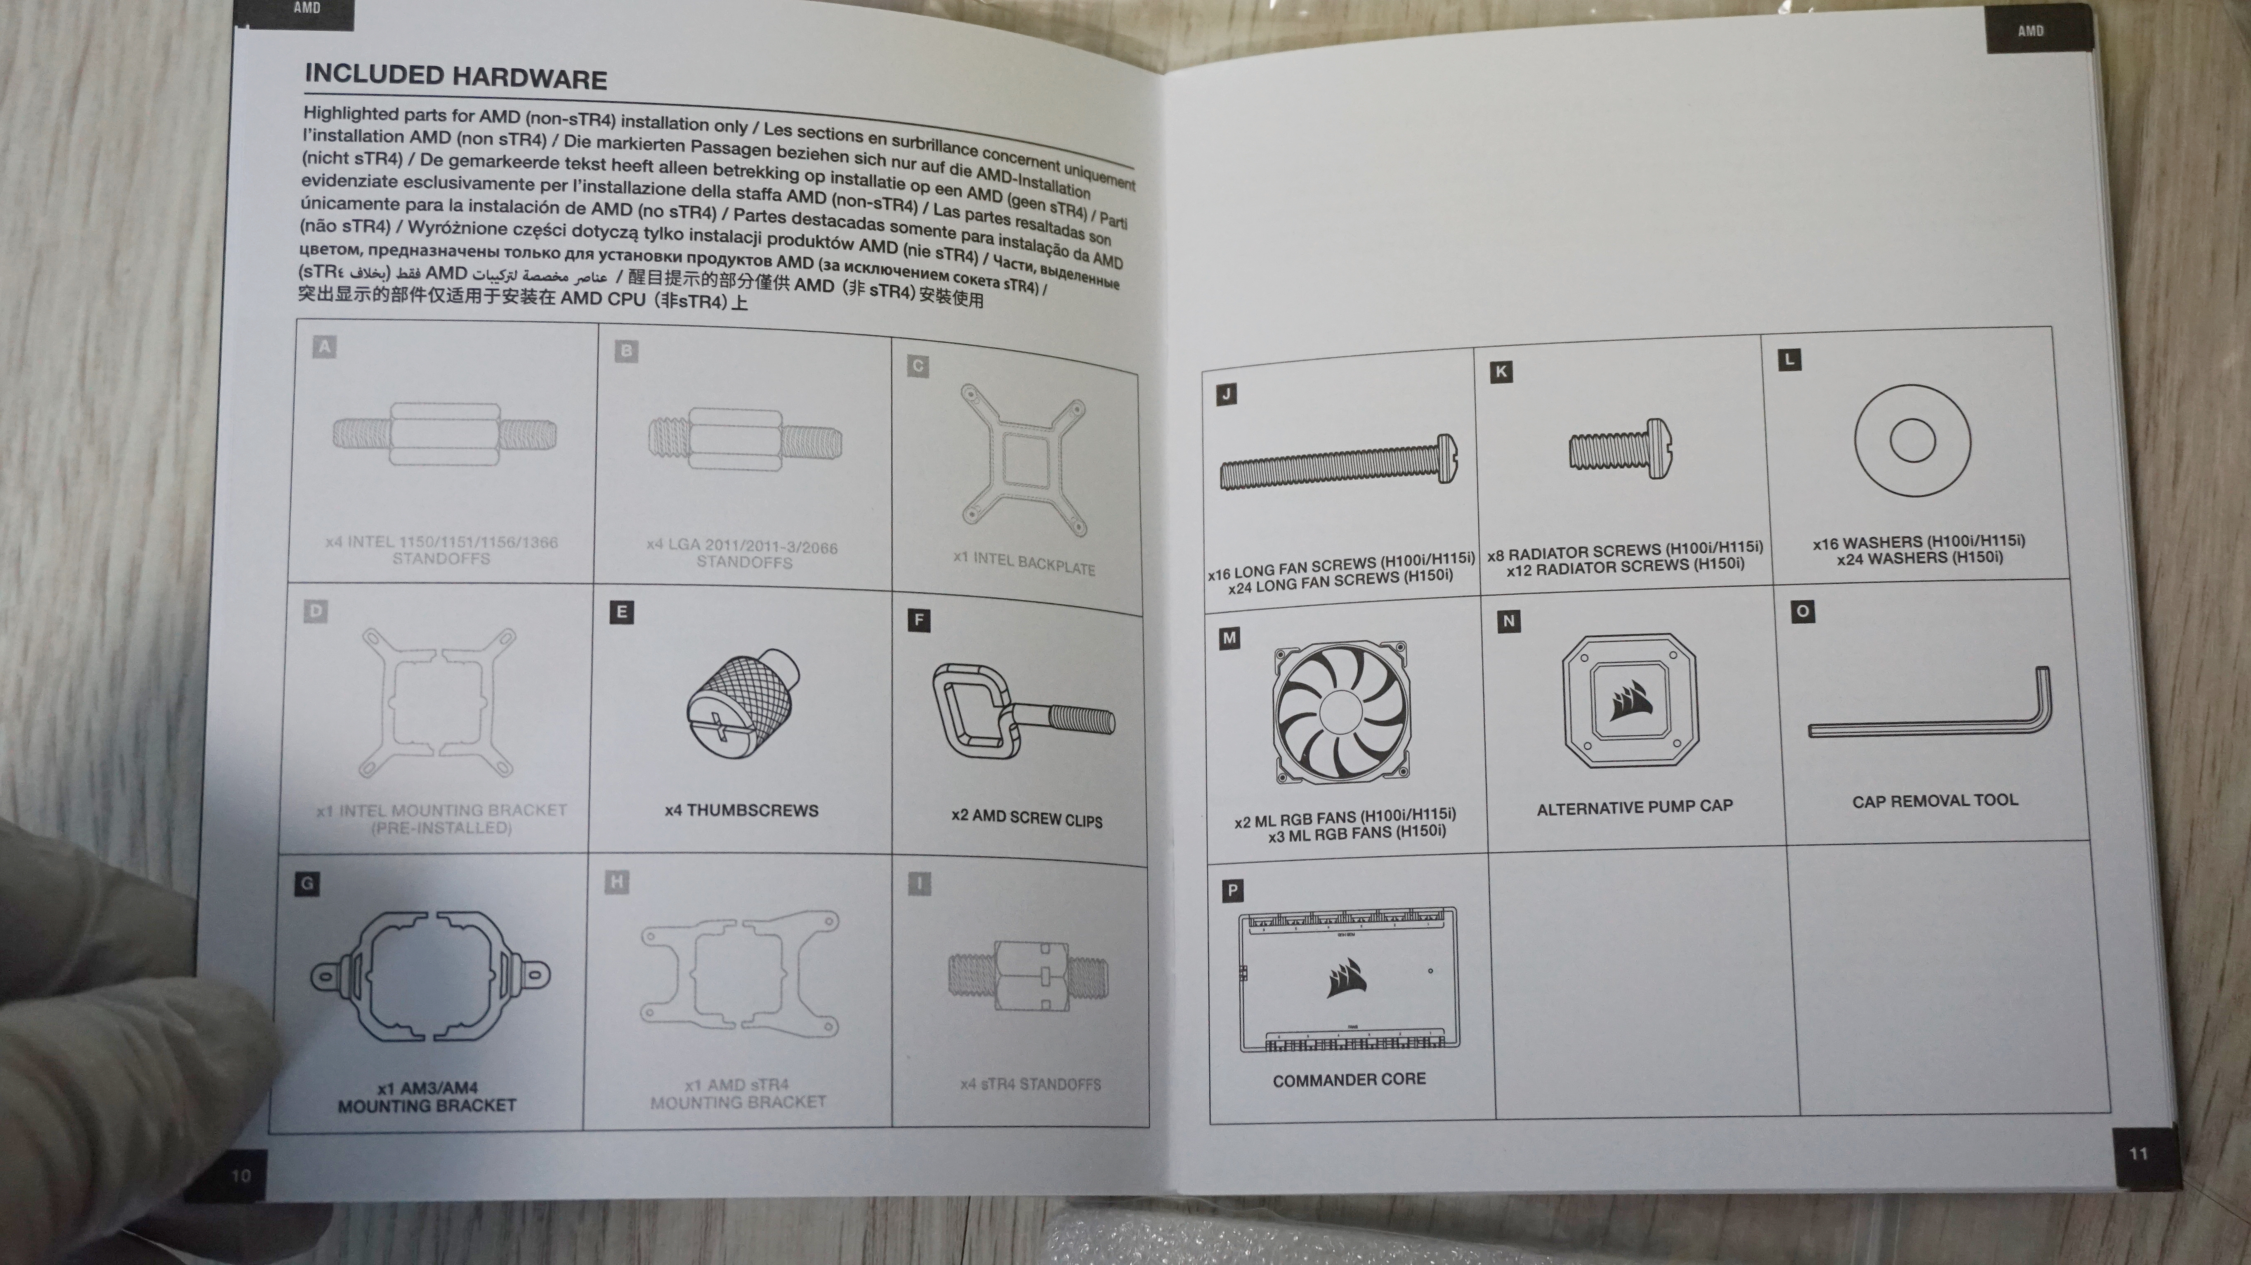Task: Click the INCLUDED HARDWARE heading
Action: [x=455, y=77]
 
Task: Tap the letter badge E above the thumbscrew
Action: [x=621, y=612]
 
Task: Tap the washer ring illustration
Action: [x=1912, y=440]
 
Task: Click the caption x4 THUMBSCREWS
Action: [x=741, y=810]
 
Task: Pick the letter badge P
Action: [x=1232, y=891]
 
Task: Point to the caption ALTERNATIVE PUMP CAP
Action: [x=1634, y=807]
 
